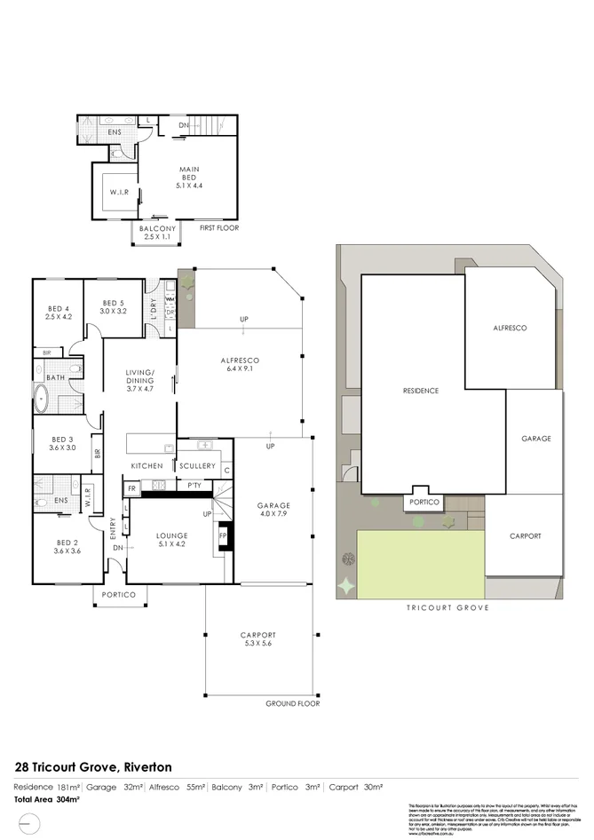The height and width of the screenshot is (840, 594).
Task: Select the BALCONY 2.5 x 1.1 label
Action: (156, 232)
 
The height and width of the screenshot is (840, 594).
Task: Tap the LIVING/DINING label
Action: (140, 380)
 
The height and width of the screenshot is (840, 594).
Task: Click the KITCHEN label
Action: (148, 466)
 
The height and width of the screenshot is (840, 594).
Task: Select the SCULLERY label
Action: (197, 466)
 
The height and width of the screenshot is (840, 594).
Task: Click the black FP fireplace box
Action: (223, 537)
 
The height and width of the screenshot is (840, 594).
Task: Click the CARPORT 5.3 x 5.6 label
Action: (258, 639)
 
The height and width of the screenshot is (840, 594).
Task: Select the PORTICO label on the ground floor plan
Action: (118, 595)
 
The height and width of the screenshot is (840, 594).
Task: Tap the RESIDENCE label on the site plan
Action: (421, 391)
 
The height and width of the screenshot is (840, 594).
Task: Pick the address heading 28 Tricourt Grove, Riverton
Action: (94, 765)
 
